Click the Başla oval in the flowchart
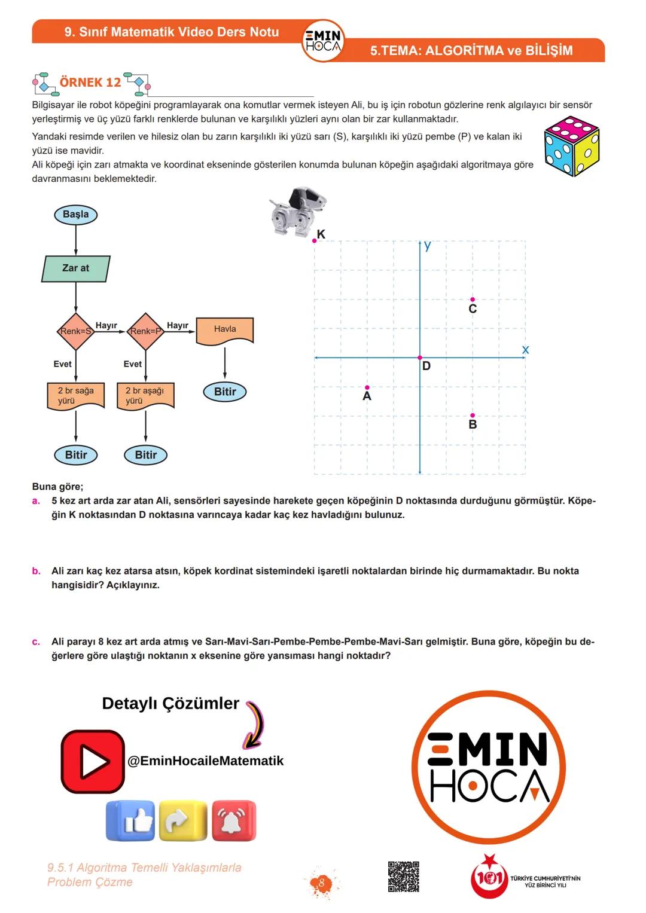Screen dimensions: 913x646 [x=75, y=215]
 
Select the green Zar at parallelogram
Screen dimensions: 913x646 [x=76, y=268]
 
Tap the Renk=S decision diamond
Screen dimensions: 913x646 [x=76, y=331]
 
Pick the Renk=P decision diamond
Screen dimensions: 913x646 [x=145, y=331]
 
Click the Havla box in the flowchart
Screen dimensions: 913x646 [x=225, y=330]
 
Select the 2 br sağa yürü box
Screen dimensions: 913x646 [x=76, y=396]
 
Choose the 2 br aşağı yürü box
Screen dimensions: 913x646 [x=145, y=396]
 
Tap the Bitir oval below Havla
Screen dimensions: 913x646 [x=225, y=392]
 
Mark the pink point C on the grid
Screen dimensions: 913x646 [x=473, y=300]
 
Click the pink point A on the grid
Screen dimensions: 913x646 [x=367, y=387]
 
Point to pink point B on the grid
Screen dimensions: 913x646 [x=473, y=415]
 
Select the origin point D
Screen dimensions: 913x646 [x=420, y=358]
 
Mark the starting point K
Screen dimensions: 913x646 [x=315, y=240]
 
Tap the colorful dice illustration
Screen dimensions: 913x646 [x=571, y=146]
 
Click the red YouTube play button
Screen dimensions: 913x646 [x=93, y=761]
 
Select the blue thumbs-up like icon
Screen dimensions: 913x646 [x=130, y=821]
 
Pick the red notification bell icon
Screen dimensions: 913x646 [x=233, y=821]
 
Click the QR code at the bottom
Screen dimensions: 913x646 [x=403, y=877]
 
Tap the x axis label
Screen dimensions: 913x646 [x=525, y=350]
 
